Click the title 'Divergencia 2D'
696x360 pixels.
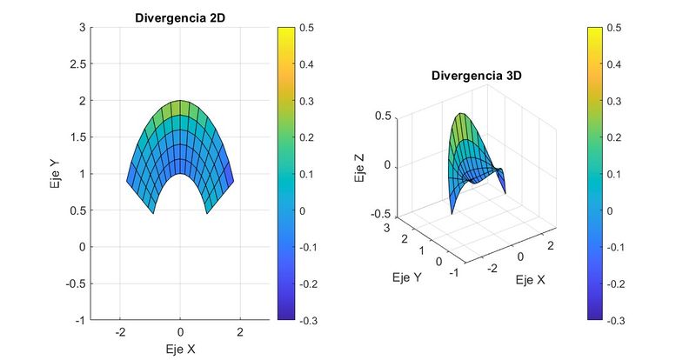click(180, 17)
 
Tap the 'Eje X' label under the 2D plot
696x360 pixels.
click(180, 350)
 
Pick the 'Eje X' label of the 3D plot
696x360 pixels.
click(532, 280)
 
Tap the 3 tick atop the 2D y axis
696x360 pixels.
click(81, 28)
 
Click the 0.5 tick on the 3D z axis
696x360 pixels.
click(383, 116)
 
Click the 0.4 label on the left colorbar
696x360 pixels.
click(308, 64)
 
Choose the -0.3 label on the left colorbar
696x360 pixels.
click(306, 320)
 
